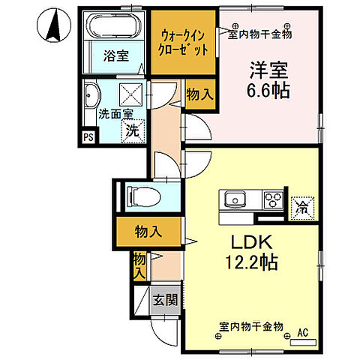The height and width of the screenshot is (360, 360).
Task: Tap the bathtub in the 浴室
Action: click(114, 28)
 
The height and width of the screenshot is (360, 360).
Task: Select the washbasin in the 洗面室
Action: click(92, 95)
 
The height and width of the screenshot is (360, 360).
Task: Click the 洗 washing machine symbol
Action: click(132, 129)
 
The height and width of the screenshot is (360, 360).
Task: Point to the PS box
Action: click(88, 137)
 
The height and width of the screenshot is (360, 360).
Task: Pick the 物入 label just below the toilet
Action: click(148, 232)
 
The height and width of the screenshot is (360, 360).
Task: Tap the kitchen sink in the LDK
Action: click(233, 199)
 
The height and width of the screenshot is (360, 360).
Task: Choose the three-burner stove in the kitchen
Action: click(271, 199)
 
